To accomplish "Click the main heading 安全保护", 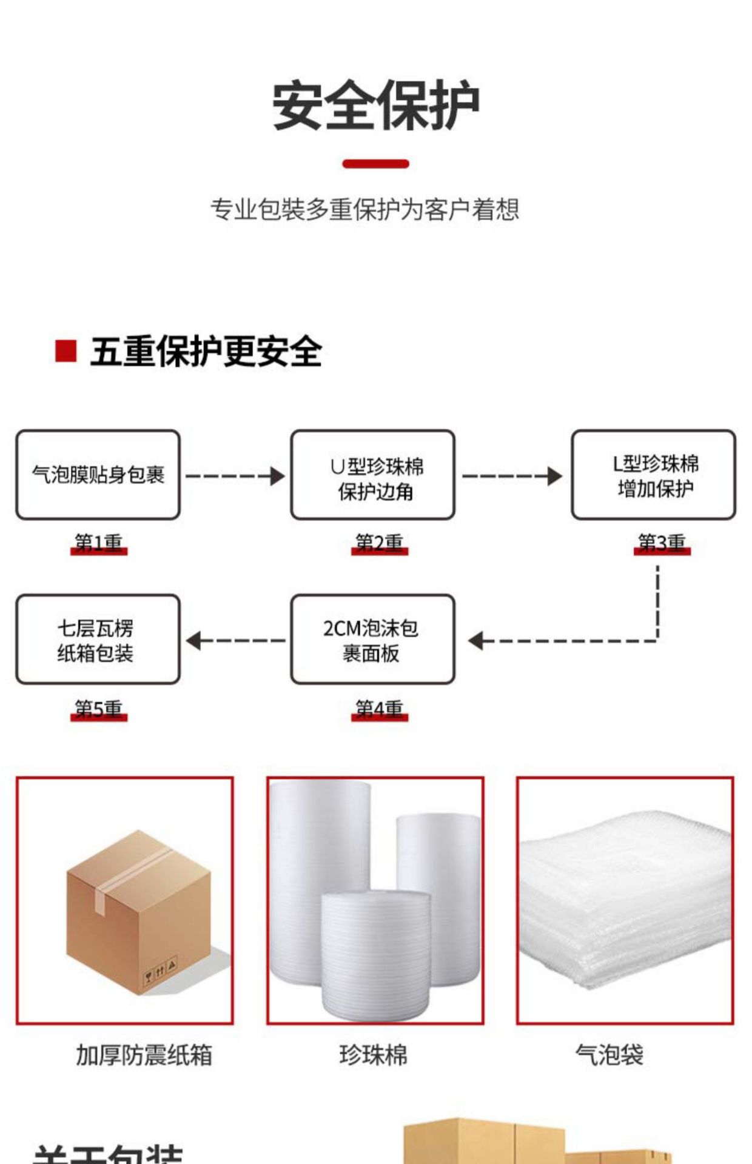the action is [x=375, y=106].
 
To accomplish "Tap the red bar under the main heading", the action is [x=375, y=164].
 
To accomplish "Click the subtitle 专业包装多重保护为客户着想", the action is [x=364, y=210].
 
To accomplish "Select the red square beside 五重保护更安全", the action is [x=65, y=351].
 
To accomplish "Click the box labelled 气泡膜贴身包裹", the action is [x=98, y=475].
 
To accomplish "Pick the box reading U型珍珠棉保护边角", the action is [x=372, y=475].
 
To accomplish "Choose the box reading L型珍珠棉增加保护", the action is [x=653, y=475].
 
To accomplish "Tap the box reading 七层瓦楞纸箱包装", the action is [x=98, y=640].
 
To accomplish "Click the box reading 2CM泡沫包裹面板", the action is [x=372, y=640].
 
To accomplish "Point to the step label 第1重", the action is [x=98, y=543].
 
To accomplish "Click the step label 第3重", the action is [x=662, y=543].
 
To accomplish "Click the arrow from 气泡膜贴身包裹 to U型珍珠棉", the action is [x=235, y=476].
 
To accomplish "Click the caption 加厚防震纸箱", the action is [x=144, y=1055].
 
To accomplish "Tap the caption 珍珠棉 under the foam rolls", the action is [x=373, y=1055].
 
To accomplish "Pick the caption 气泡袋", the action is [x=609, y=1055].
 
